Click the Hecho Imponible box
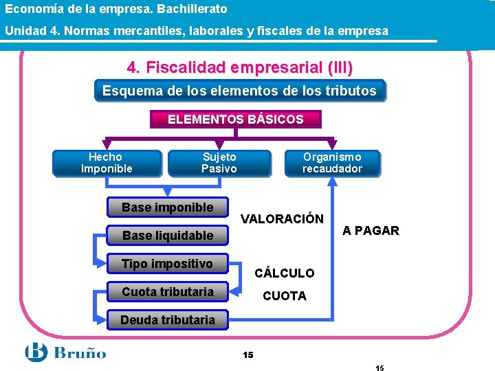click(x=107, y=164)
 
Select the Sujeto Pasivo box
click(x=219, y=164)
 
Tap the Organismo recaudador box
click(x=333, y=164)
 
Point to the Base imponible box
click(x=168, y=207)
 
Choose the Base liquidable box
click(x=168, y=236)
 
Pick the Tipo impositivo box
click(x=168, y=264)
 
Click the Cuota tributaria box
click(x=168, y=292)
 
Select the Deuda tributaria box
click(x=168, y=319)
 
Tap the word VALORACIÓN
click(x=282, y=219)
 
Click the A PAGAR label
click(x=371, y=231)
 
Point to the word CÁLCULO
click(x=285, y=273)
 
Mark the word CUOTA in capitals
click(x=285, y=296)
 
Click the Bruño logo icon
click(x=36, y=353)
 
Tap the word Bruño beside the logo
click(x=81, y=354)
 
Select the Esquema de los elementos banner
click(x=239, y=91)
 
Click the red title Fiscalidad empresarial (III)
click(x=239, y=68)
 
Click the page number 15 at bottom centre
click(x=247, y=355)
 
